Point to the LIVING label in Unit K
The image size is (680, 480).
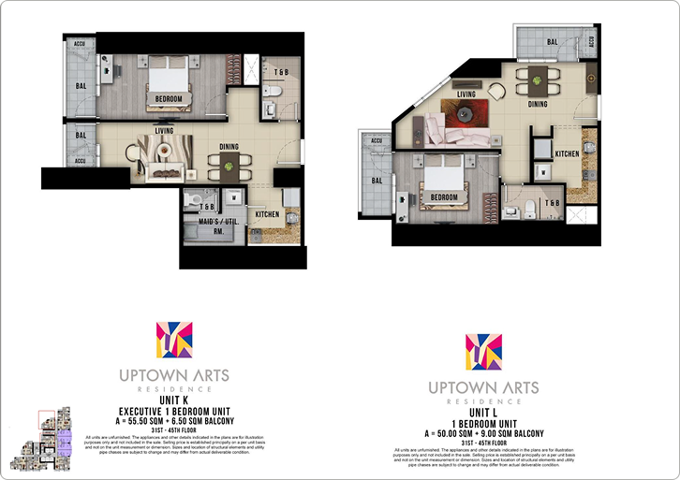point(169,132)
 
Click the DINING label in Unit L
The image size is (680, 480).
point(537,104)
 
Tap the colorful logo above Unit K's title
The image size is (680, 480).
point(174,342)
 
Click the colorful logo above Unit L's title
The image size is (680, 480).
point(483,352)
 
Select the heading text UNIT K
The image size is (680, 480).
point(174,400)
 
